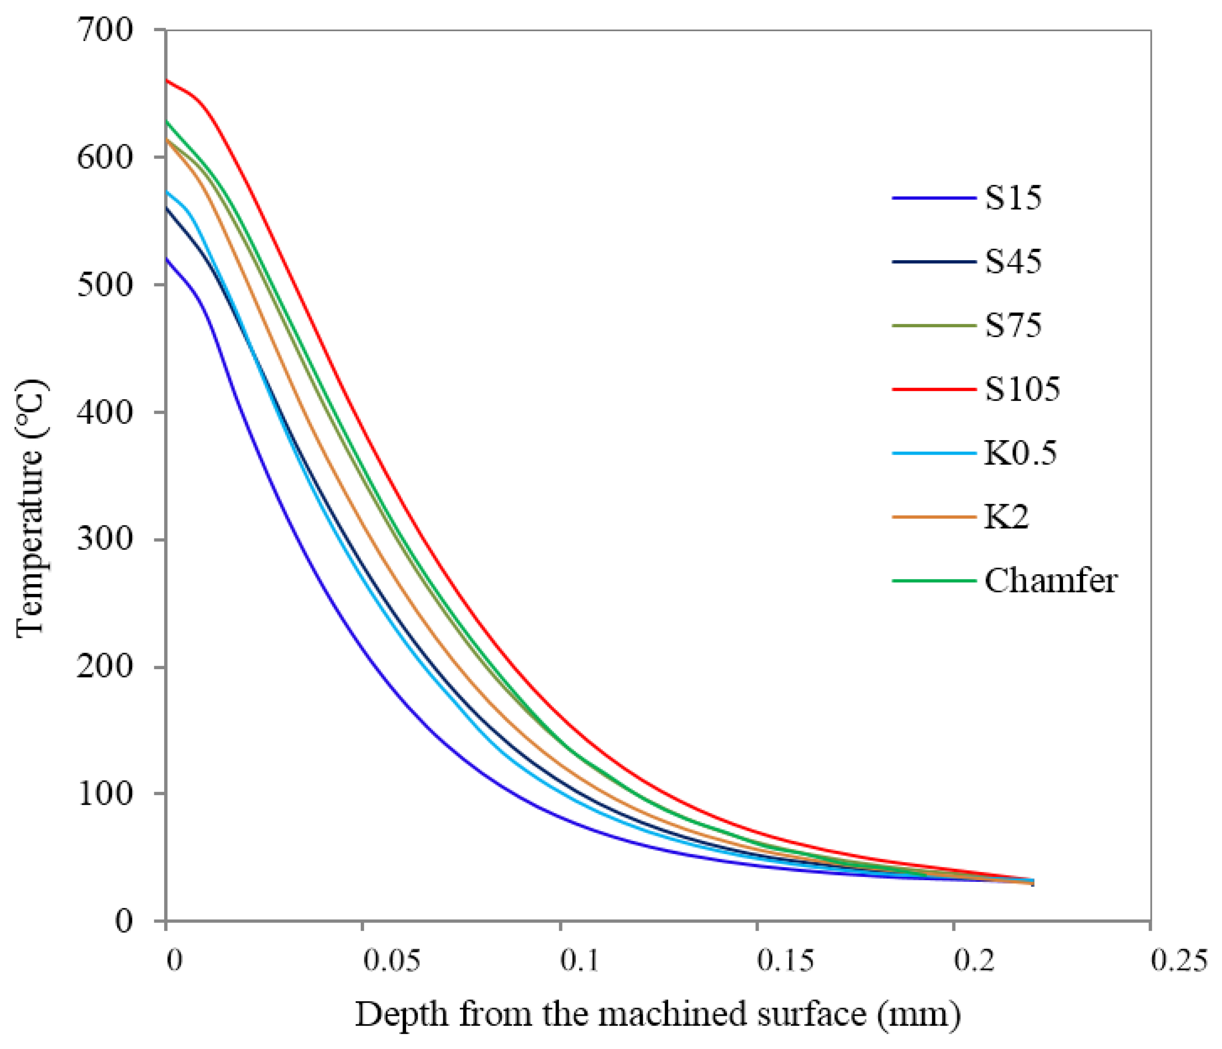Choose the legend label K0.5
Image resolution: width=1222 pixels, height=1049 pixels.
pyautogui.click(x=1020, y=453)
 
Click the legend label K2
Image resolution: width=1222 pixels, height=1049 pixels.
pyautogui.click(x=1006, y=517)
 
